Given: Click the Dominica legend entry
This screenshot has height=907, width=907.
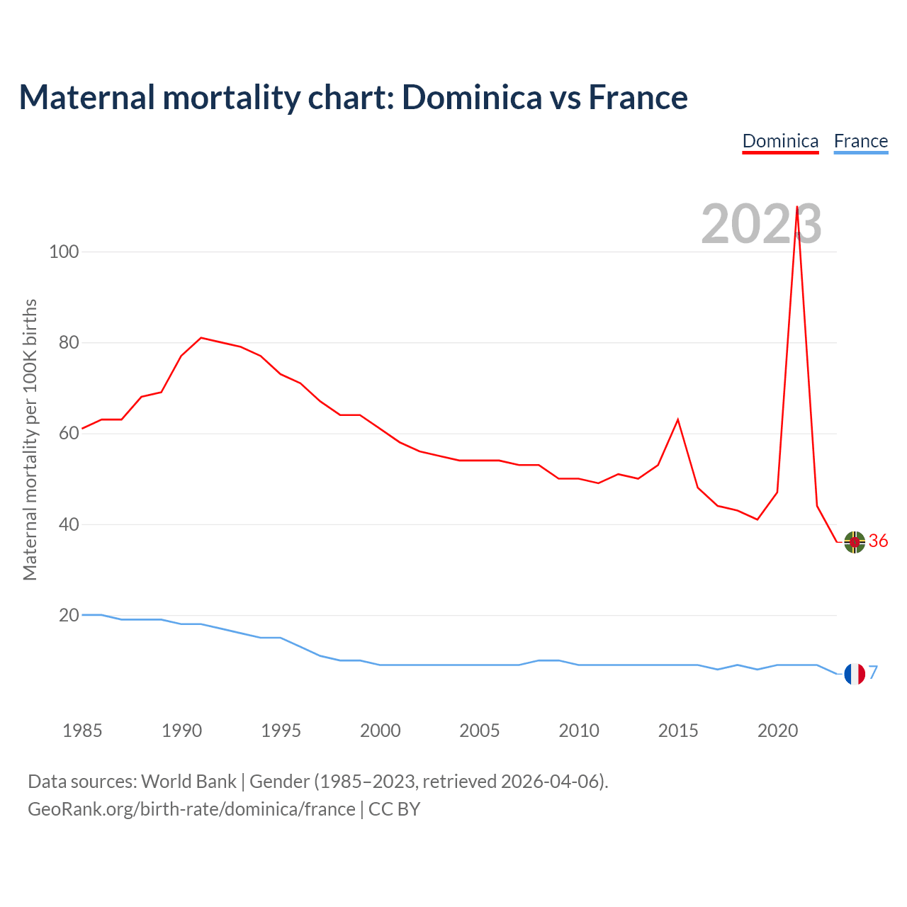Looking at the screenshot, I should click(780, 141).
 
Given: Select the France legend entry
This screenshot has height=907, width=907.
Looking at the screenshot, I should click(860, 141).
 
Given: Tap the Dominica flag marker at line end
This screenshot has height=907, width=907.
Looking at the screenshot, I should click(855, 542).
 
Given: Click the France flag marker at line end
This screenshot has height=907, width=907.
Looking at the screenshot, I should click(855, 674).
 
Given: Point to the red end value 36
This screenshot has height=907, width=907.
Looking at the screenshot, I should click(878, 541).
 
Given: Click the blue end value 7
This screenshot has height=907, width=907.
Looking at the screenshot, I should click(873, 672).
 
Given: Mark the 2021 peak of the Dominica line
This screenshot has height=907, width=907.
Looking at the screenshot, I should click(797, 207).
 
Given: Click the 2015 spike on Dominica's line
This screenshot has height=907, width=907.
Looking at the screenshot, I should click(678, 419).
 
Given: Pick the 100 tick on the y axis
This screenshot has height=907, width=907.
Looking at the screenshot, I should click(64, 252).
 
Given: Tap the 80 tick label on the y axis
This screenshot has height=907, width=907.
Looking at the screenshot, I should click(68, 343).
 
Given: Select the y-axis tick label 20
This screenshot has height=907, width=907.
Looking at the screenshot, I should click(68, 615).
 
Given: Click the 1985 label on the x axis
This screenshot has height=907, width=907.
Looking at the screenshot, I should click(82, 731).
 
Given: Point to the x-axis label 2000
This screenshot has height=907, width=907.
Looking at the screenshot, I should click(381, 731).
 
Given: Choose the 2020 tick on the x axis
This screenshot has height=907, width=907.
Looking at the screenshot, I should click(777, 731).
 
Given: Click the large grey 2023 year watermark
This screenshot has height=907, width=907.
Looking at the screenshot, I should click(761, 225).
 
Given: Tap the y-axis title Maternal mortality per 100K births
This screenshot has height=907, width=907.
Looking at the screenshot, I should click(30, 439).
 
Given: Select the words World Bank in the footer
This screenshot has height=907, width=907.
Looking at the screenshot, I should click(188, 782).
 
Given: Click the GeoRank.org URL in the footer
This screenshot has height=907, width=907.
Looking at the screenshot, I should click(191, 809).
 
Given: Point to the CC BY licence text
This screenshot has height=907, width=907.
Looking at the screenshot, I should click(394, 809).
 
